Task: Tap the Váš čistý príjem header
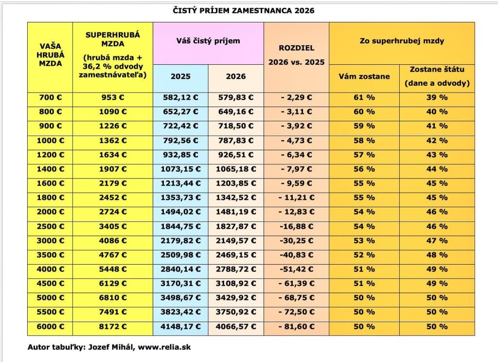click(x=208, y=41)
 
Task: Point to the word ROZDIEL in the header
click(x=296, y=48)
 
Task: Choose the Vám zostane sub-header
click(x=364, y=76)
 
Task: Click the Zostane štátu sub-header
click(x=437, y=76)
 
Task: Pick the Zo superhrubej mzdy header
click(x=402, y=41)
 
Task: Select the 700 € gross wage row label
click(x=50, y=97)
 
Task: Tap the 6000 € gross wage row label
click(x=50, y=326)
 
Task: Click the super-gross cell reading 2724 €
click(x=112, y=212)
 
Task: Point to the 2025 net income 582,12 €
click(x=180, y=97)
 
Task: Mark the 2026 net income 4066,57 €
click(x=236, y=326)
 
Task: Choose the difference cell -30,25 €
click(x=296, y=240)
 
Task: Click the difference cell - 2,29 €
click(x=296, y=97)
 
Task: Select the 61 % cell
click(x=364, y=97)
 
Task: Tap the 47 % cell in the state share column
click(x=437, y=240)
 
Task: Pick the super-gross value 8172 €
click(x=112, y=326)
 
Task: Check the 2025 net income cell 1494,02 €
click(x=180, y=212)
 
